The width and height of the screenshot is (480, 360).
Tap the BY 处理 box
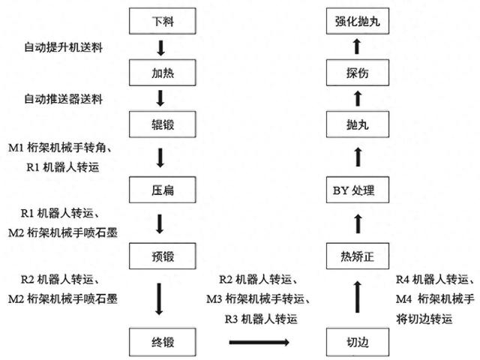tap(357, 190)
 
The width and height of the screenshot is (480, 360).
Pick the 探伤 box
tap(357, 73)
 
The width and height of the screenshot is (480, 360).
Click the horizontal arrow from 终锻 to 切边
tap(258, 342)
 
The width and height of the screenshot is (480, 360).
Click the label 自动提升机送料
tap(63, 48)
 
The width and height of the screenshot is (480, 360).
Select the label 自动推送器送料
tap(63, 99)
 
